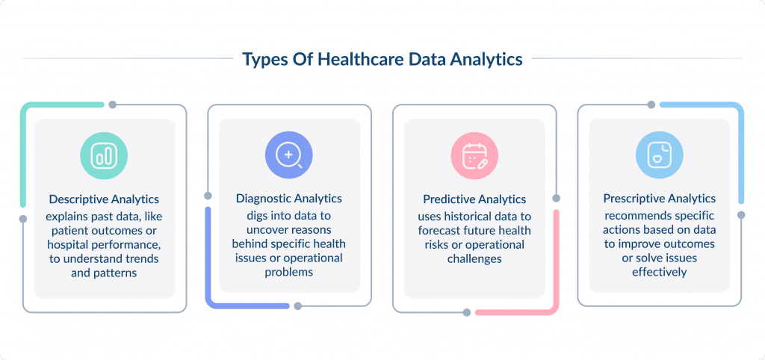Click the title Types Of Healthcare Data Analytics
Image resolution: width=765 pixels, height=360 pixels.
(382, 59)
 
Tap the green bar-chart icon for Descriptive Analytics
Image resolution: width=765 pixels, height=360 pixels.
(104, 155)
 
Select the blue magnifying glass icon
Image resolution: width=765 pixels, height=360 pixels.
(289, 155)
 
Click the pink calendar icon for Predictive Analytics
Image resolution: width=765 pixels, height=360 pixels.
(474, 155)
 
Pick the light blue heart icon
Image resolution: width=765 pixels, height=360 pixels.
(659, 155)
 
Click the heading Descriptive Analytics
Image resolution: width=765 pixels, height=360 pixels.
(104, 199)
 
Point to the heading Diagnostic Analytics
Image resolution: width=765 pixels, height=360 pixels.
(289, 199)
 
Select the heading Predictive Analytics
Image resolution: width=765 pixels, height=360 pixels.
(474, 199)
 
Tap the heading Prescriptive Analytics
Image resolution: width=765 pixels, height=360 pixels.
(660, 199)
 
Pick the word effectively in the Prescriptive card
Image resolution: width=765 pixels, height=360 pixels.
(660, 273)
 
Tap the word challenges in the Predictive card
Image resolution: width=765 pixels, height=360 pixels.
(474, 259)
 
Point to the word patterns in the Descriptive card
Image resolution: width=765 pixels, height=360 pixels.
(116, 273)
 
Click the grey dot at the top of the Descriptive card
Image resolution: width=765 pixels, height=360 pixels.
(112, 105)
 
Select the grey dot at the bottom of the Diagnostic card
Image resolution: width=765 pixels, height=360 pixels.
(297, 305)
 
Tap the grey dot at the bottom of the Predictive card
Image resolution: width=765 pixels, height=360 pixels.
(467, 311)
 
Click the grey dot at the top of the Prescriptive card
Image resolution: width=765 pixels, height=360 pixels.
(651, 105)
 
